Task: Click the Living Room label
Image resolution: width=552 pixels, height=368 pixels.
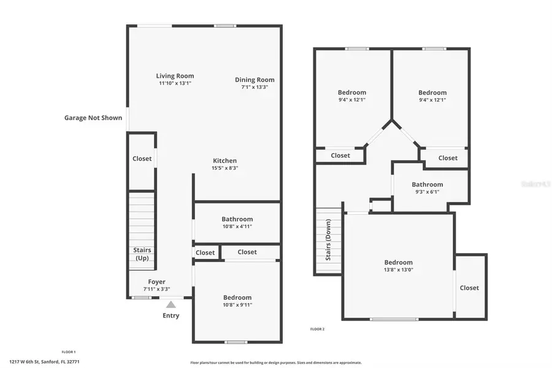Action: (x=175, y=76)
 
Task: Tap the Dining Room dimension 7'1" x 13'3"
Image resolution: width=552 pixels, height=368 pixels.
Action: (x=255, y=87)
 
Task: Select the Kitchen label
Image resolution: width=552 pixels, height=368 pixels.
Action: (x=224, y=161)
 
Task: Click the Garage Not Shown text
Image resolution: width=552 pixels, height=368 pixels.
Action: (x=93, y=118)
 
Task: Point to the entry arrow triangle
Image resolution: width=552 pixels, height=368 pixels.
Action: (x=171, y=304)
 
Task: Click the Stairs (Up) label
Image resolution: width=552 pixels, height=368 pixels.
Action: (x=142, y=254)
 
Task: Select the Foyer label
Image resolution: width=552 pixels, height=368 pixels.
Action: (x=156, y=282)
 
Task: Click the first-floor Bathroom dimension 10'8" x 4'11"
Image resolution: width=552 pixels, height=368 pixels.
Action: (x=237, y=226)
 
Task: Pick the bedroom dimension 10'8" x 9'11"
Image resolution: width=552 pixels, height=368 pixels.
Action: (x=237, y=305)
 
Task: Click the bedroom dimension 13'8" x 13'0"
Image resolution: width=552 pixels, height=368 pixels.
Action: (x=399, y=270)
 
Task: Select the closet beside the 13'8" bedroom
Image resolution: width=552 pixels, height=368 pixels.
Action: (x=469, y=288)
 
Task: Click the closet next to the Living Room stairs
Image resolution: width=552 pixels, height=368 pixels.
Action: (x=142, y=158)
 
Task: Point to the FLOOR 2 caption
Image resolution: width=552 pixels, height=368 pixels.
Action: (x=317, y=329)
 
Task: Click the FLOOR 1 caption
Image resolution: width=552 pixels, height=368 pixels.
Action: (x=69, y=351)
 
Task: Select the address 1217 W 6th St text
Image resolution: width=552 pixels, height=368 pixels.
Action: (x=44, y=362)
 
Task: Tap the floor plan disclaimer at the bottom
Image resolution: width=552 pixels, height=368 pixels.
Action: (x=276, y=362)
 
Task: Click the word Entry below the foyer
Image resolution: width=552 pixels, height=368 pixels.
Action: (x=171, y=316)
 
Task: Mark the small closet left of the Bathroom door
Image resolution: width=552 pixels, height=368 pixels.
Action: (x=205, y=253)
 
